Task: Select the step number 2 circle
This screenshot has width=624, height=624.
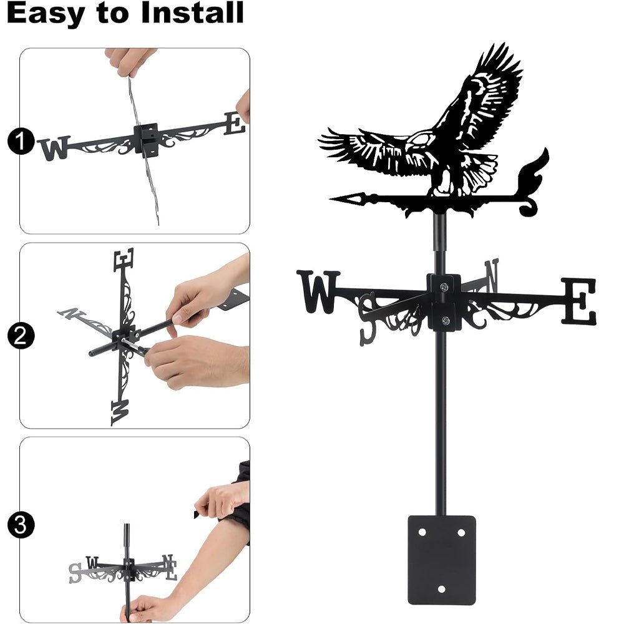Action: pyautogui.click(x=21, y=337)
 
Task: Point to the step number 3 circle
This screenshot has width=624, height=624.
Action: pyautogui.click(x=21, y=525)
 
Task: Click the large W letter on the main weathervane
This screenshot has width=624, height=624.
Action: pyautogui.click(x=319, y=291)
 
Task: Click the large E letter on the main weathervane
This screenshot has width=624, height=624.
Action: pyautogui.click(x=578, y=301)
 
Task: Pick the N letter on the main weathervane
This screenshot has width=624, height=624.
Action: pyautogui.click(x=492, y=275)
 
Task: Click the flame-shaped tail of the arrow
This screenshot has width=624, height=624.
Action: pyautogui.click(x=534, y=181)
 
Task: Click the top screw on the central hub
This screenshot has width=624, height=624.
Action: pyautogui.click(x=444, y=287)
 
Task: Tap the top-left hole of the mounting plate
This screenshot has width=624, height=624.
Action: pyautogui.click(x=422, y=532)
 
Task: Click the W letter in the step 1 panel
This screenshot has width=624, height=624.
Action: pyautogui.click(x=54, y=149)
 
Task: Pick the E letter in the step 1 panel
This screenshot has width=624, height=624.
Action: pyautogui.click(x=235, y=123)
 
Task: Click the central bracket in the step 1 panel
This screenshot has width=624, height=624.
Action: pyautogui.click(x=147, y=137)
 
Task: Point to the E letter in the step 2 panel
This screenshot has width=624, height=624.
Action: pyautogui.click(x=124, y=259)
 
